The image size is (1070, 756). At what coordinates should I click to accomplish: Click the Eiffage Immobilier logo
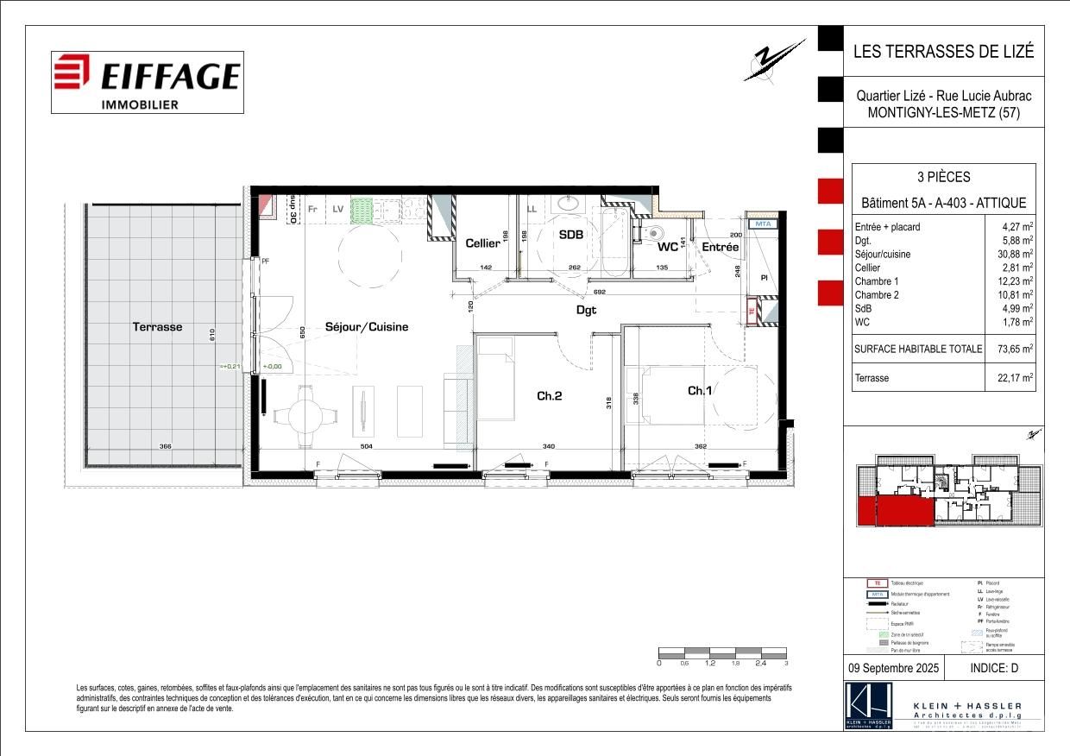pyautogui.click(x=147, y=82)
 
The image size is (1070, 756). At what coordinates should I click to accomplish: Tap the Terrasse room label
pyautogui.click(x=157, y=327)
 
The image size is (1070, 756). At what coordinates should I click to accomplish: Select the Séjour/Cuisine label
pyautogui.click(x=366, y=327)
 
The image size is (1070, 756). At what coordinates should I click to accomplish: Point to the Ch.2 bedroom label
pyautogui.click(x=550, y=396)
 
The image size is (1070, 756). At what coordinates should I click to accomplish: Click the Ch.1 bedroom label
pyautogui.click(x=700, y=391)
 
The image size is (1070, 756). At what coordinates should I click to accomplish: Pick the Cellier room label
pyautogui.click(x=482, y=243)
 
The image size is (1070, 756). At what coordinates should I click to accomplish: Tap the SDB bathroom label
pyautogui.click(x=570, y=235)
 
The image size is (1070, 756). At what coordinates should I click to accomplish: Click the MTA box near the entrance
pyautogui.click(x=762, y=224)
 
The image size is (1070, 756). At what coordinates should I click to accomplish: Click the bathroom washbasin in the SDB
pyautogui.click(x=569, y=205)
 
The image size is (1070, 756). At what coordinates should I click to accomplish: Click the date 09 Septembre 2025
pyautogui.click(x=892, y=667)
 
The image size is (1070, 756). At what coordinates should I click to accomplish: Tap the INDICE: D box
pyautogui.click(x=994, y=667)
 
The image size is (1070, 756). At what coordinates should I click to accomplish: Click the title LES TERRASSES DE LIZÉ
pyautogui.click(x=942, y=51)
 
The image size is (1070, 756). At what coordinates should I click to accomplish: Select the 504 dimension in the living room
pyautogui.click(x=366, y=446)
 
